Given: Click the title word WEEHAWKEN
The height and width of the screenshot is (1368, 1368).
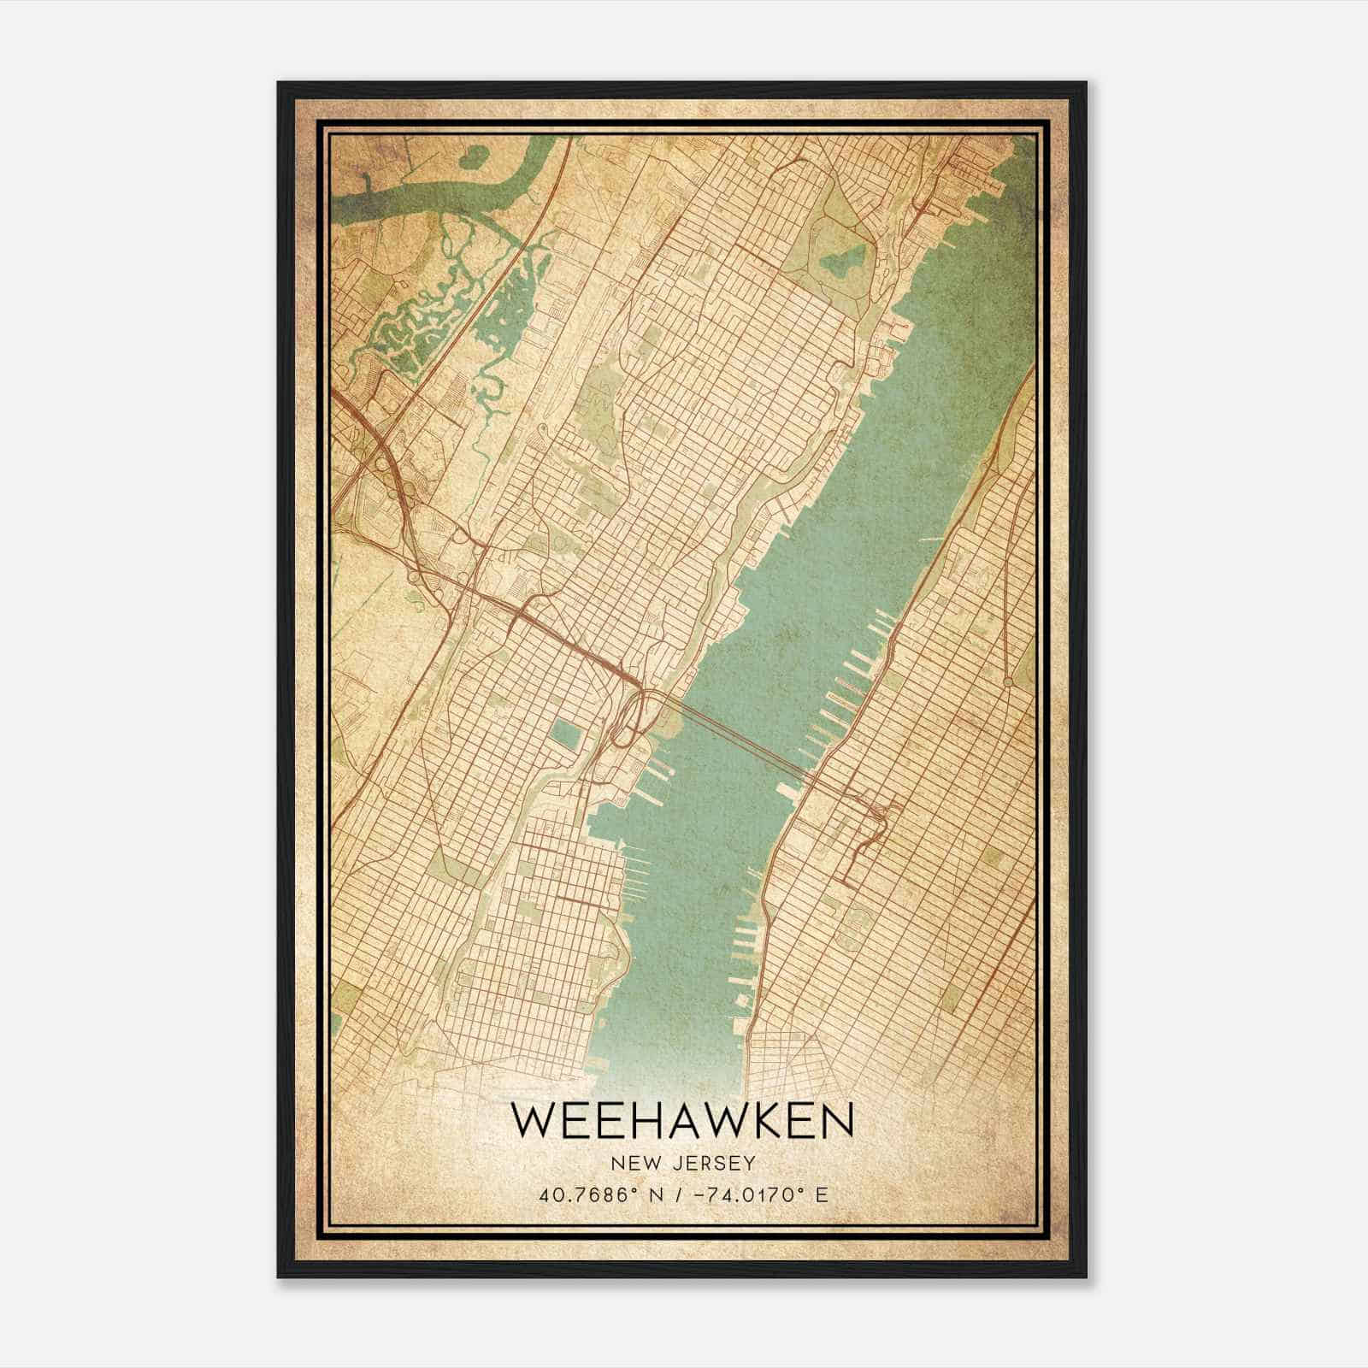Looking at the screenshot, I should [x=682, y=1122].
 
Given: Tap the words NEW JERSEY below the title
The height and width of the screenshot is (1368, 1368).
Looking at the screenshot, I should [x=682, y=1163].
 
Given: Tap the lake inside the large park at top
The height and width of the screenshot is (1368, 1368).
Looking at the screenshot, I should [x=842, y=260].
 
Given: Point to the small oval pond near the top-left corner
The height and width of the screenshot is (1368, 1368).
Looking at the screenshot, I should [x=471, y=156].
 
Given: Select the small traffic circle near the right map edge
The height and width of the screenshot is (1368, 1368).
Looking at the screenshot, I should [x=1009, y=681].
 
